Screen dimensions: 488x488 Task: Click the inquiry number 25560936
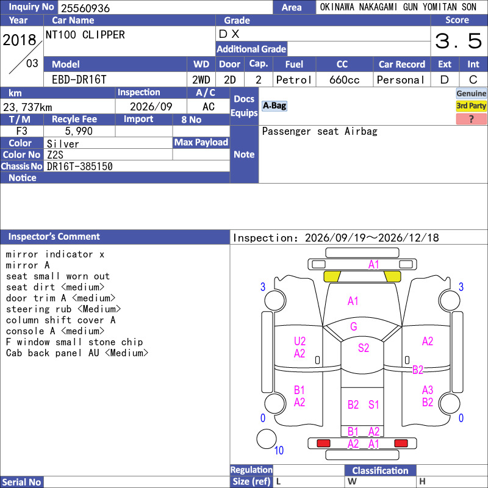(85, 8)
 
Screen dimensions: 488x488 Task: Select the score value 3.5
(458, 41)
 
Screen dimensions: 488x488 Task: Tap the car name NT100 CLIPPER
(85, 35)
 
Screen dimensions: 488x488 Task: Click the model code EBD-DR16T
(79, 80)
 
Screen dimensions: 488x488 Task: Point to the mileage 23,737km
(27, 107)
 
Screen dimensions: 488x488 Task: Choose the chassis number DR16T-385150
(79, 167)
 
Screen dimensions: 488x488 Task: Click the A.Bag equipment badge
(274, 106)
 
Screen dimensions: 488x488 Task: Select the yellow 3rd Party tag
(471, 106)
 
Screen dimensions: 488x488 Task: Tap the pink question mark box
(471, 119)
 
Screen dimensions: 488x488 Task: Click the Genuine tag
(471, 93)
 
